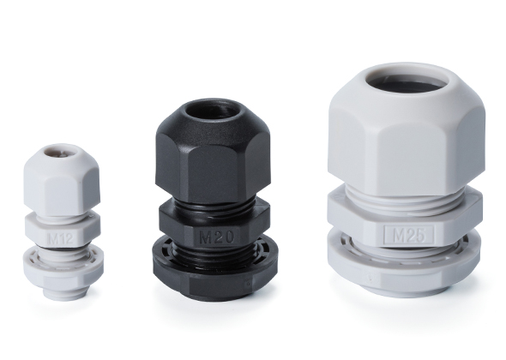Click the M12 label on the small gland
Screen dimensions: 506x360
[61, 239]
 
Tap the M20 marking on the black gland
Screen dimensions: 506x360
[216, 237]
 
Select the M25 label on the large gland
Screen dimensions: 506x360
[409, 235]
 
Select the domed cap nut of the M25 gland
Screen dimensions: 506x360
[406, 129]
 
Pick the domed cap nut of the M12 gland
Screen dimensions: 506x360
[61, 177]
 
